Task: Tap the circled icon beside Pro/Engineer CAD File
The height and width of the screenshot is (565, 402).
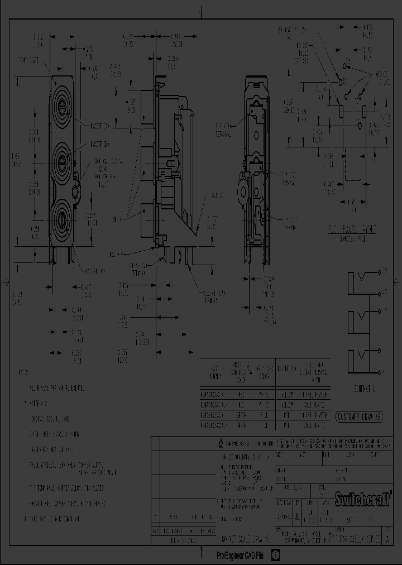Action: pos(275,556)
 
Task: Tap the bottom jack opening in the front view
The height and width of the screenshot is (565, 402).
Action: pos(62,216)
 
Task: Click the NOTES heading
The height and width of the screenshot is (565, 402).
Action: pos(25,372)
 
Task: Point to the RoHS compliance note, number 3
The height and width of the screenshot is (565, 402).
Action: pos(53,519)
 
